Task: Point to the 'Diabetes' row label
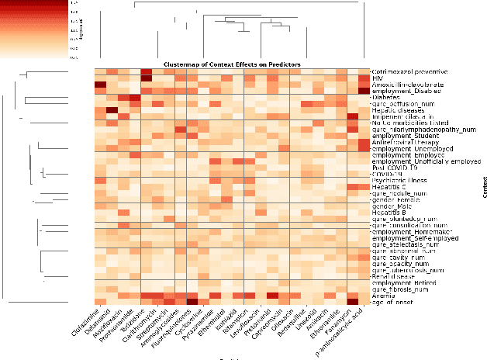(x=385, y=98)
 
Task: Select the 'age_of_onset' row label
(x=392, y=302)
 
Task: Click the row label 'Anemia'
(x=382, y=296)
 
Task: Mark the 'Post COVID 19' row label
(x=393, y=168)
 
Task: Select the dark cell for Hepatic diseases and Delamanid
(x=112, y=110)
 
